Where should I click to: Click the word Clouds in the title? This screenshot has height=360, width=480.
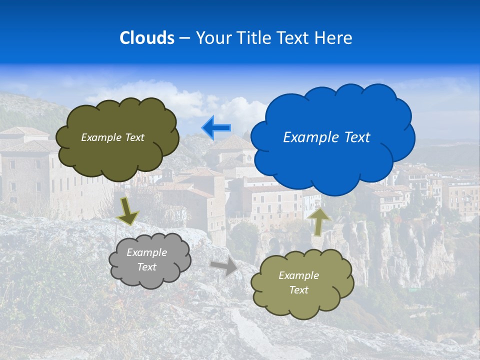coord(146,38)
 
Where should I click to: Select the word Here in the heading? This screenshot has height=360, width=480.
coord(334,38)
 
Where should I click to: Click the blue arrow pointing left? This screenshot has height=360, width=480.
coord(216,128)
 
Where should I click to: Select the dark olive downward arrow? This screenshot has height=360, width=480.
coord(128,210)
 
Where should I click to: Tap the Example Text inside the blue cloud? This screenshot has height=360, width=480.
coord(326,137)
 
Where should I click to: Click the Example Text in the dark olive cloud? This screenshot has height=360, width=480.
coord(112,137)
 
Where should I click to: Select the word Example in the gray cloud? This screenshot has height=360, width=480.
coord(146,252)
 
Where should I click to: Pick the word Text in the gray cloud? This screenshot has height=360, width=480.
coord(146,267)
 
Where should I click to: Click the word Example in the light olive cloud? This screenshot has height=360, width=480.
coord(298,275)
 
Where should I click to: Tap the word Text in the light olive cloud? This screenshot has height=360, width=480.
coord(298,290)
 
